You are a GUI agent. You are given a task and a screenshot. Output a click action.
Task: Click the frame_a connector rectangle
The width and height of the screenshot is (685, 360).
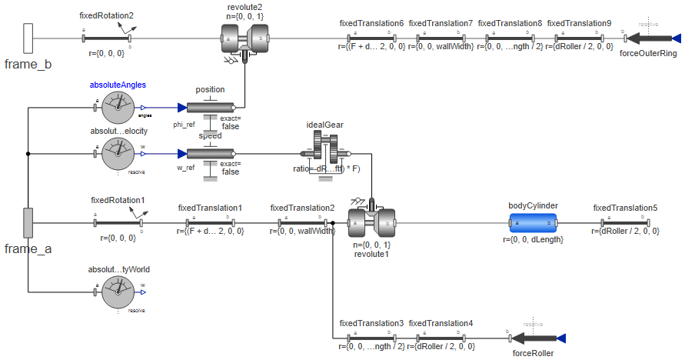pyautogui.click(x=28, y=222)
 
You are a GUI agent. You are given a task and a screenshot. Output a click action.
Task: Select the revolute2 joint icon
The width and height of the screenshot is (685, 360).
pyautogui.click(x=244, y=37)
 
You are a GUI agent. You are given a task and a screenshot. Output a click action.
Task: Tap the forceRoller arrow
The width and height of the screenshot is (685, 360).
pyautogui.click(x=537, y=338)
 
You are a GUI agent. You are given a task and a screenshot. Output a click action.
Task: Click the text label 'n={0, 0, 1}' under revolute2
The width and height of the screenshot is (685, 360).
pyautogui.click(x=244, y=15)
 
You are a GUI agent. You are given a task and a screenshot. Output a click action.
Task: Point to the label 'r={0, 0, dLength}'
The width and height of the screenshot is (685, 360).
pyautogui.click(x=533, y=240)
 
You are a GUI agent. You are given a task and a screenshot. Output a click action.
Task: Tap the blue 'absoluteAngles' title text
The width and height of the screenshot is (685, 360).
pyautogui.click(x=118, y=85)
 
